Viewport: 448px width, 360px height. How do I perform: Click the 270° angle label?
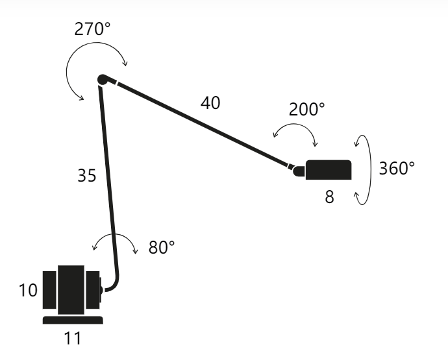click(92, 29)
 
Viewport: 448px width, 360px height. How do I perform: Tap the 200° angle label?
click(307, 110)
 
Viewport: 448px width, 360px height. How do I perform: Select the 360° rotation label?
click(397, 168)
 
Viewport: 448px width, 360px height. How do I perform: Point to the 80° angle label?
click(162, 247)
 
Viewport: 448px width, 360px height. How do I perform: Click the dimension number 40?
click(210, 102)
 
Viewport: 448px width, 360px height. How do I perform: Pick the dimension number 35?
click(87, 175)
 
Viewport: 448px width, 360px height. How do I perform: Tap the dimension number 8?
click(329, 197)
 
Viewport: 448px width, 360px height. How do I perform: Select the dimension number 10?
click(28, 291)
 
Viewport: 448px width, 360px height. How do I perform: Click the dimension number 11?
click(73, 339)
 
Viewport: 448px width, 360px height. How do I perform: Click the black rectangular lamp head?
click(329, 170)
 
